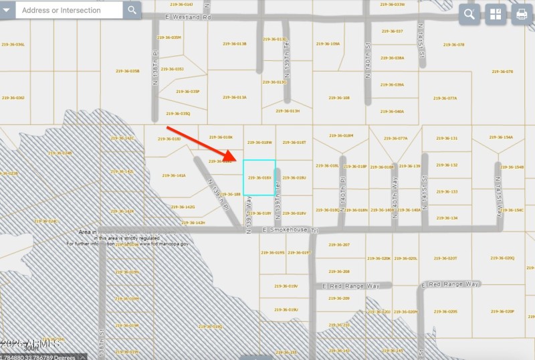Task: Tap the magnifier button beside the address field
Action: (132, 10)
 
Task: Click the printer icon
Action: (522, 15)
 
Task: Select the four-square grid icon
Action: (496, 15)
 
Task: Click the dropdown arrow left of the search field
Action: (7, 10)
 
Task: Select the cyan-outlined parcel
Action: (259, 177)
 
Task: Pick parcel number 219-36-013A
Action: (234, 98)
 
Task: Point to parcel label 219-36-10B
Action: (340, 98)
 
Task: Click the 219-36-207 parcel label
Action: (340, 245)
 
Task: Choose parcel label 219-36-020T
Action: (447, 258)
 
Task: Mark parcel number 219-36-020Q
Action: (504, 258)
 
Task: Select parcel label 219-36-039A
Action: (393, 85)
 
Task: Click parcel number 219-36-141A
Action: (174, 176)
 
